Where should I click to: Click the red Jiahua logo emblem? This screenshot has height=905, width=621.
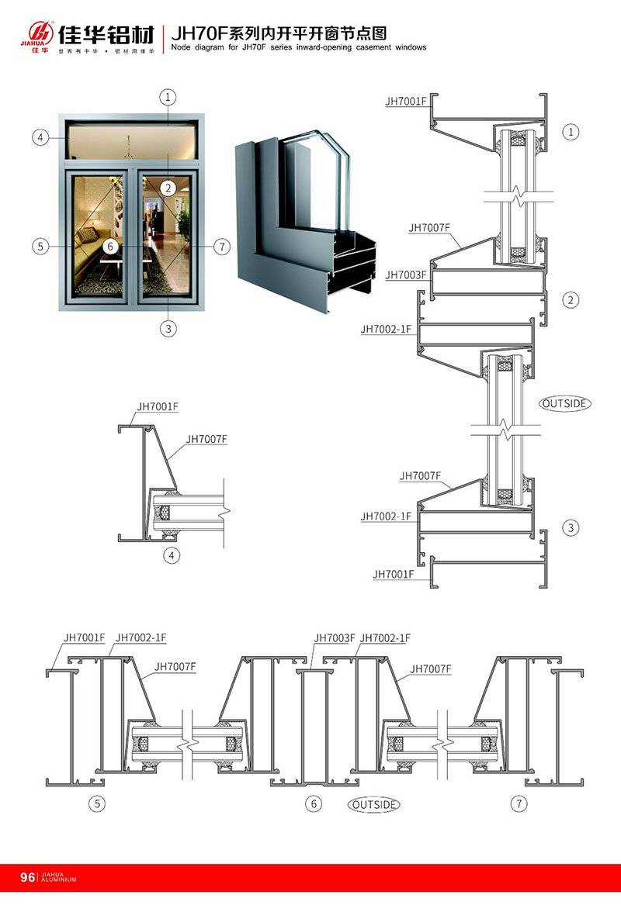(39, 33)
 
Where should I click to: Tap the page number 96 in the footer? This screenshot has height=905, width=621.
(27, 877)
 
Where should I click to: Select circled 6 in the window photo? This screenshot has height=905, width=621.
(111, 246)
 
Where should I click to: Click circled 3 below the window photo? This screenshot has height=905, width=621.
(168, 328)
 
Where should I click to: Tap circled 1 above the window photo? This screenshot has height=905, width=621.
(168, 97)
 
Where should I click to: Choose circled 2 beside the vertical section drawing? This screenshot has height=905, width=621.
(571, 300)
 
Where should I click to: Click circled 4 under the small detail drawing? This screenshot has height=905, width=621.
(172, 555)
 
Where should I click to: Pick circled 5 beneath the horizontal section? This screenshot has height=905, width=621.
(97, 803)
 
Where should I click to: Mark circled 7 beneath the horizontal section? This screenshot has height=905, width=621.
(519, 803)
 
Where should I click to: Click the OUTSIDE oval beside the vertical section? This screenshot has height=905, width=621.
(565, 403)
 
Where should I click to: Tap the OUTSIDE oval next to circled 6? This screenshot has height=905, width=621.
(374, 804)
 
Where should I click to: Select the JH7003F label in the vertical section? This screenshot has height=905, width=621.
(405, 275)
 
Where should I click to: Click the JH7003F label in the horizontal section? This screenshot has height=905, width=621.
(335, 637)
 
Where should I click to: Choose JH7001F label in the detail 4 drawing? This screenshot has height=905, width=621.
(158, 406)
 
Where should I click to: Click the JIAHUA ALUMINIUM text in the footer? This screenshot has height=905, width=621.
(59, 877)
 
